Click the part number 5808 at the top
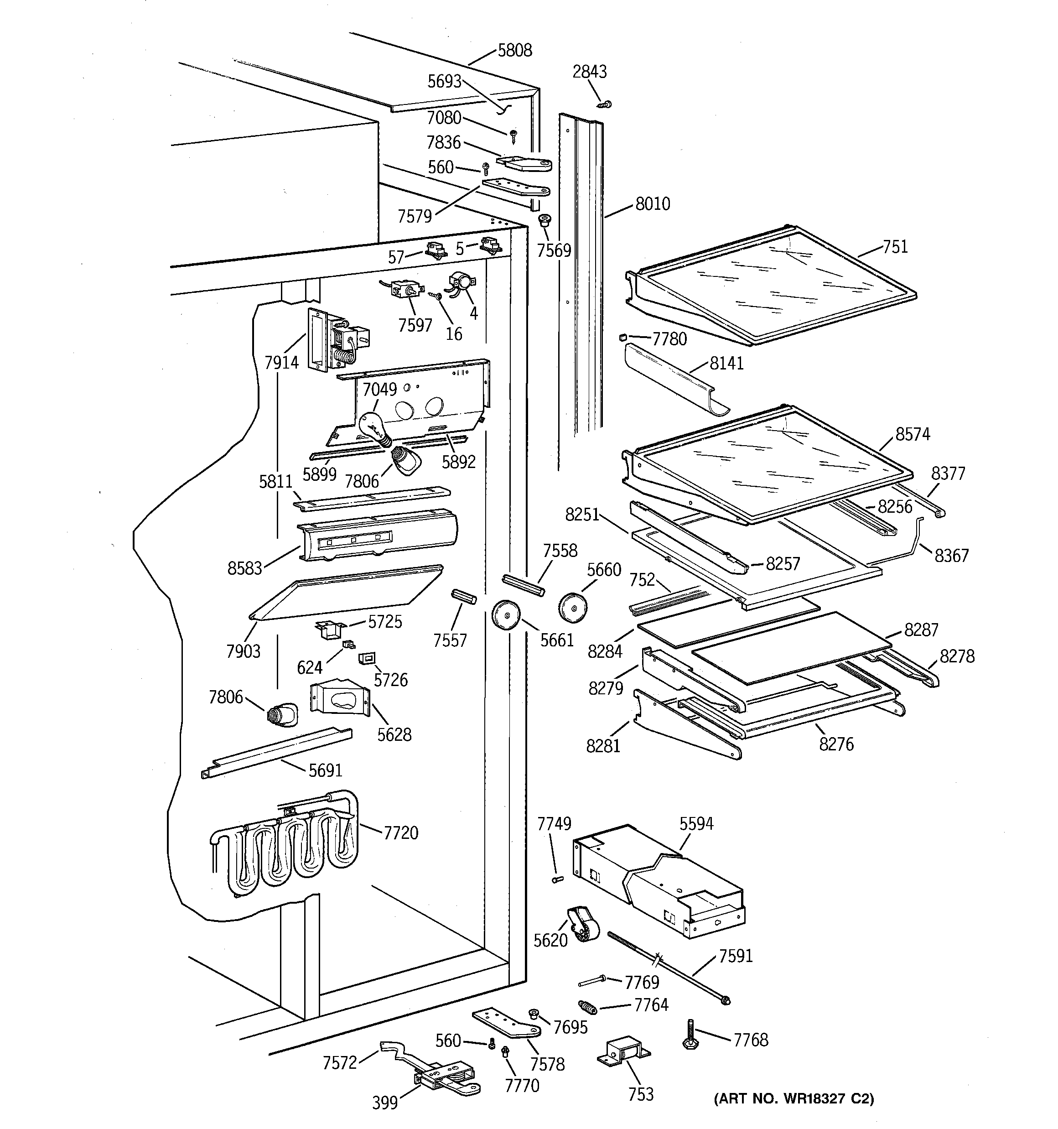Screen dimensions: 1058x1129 click(514, 51)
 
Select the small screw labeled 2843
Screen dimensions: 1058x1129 click(604, 104)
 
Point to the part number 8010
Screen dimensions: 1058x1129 click(653, 204)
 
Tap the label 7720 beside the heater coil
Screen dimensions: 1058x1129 click(401, 833)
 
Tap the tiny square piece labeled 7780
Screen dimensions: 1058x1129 click(622, 338)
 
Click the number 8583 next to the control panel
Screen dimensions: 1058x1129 click(245, 568)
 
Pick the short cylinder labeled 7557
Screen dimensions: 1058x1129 click(463, 598)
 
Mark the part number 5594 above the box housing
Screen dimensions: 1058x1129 click(696, 823)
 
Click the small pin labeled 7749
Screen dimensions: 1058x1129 click(557, 879)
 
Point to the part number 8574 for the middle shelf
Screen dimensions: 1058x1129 click(913, 434)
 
